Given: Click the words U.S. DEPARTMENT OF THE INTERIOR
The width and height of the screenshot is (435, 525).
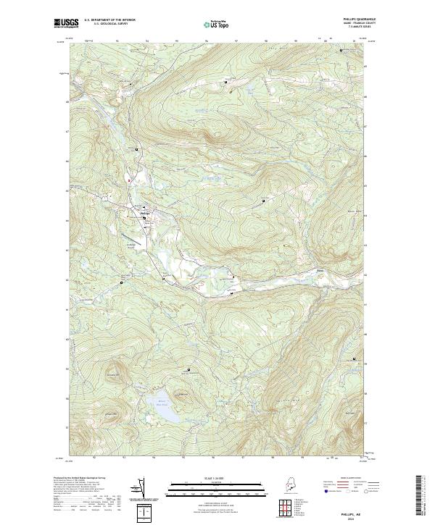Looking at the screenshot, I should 108,20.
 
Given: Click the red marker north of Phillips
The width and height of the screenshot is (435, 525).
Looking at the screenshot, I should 128,180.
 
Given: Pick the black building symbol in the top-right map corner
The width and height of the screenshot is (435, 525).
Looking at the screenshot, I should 342,50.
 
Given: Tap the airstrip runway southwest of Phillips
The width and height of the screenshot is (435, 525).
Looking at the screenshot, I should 130,237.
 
